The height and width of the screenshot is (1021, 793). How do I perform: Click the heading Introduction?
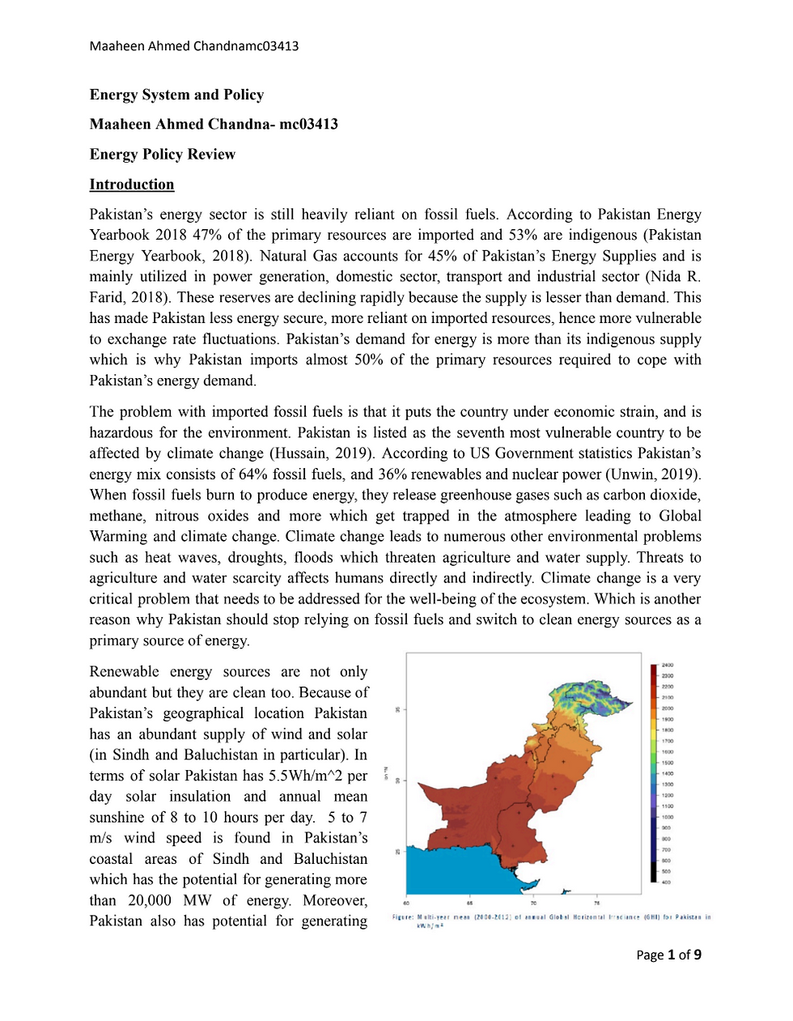pos(131,185)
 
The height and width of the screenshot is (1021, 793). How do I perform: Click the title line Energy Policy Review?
pos(162,155)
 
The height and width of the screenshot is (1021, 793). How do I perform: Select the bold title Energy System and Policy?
pos(176,95)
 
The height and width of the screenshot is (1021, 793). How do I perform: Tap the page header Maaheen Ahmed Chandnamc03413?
pos(193,46)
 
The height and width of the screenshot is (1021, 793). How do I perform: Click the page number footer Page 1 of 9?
pos(668,955)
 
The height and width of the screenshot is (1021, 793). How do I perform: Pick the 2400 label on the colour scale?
pos(667,665)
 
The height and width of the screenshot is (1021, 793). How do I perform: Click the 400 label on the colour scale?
pos(666,882)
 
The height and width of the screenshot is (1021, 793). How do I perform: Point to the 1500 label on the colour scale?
pos(667,763)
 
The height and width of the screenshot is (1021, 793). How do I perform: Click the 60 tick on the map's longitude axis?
pos(406,903)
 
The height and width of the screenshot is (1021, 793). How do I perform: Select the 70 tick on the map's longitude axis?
pos(533,903)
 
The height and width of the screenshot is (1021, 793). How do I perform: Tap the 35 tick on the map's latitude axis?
pos(397,710)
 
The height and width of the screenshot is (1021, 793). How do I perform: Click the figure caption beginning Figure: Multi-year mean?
pos(550,921)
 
